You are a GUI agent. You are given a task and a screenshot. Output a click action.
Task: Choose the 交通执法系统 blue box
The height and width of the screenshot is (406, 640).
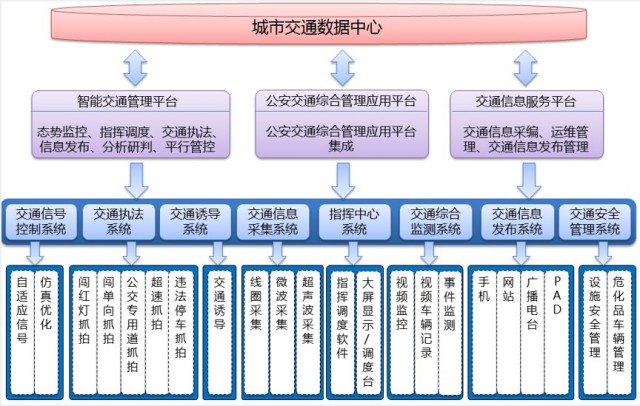tap(119, 221)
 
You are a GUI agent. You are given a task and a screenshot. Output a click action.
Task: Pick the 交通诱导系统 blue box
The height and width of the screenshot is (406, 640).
tap(195, 221)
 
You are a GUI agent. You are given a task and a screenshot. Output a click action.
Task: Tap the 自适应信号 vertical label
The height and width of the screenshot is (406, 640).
tap(23, 318)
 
